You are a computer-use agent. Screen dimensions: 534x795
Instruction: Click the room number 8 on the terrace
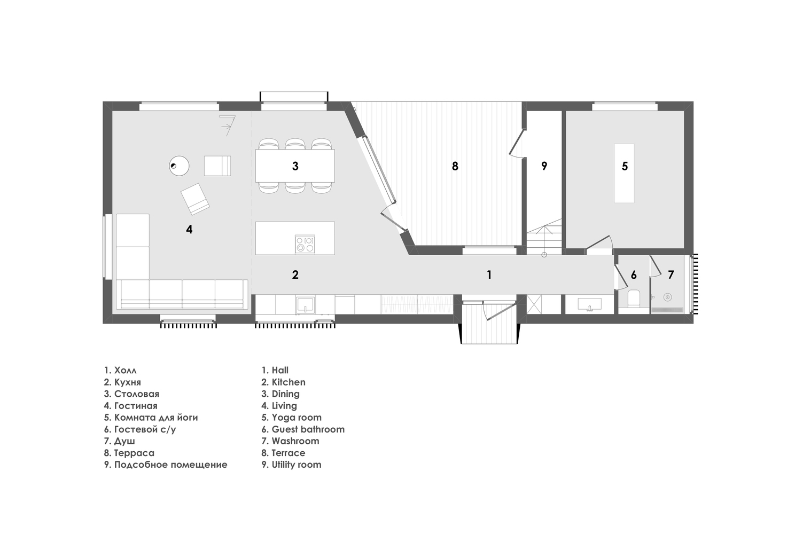(455, 166)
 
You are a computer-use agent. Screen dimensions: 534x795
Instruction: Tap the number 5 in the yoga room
(625, 166)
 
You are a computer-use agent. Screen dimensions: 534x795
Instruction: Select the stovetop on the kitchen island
(305, 244)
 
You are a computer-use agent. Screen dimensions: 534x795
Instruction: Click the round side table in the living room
(179, 166)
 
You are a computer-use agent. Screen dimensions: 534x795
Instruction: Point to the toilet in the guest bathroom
(634, 298)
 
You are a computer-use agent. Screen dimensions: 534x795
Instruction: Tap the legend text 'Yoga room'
(297, 418)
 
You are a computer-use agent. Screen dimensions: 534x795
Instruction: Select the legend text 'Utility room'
(297, 465)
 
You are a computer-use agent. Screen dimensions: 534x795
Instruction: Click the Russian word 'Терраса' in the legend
(134, 453)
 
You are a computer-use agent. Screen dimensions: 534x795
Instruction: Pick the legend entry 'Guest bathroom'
(308, 429)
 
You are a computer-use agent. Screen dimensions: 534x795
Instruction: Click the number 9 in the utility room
(544, 166)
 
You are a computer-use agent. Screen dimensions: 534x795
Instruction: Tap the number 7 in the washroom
(671, 275)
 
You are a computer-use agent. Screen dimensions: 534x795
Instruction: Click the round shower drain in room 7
(667, 297)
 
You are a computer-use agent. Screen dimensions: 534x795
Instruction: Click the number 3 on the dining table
(295, 166)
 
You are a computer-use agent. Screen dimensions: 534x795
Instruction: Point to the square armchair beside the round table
(217, 166)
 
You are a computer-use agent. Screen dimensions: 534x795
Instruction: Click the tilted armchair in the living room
(195, 199)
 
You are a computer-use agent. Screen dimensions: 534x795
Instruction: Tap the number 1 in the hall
(488, 275)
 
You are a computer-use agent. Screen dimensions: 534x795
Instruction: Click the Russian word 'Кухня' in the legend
(127, 382)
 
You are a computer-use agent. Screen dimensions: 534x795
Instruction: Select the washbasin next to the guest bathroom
(589, 305)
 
